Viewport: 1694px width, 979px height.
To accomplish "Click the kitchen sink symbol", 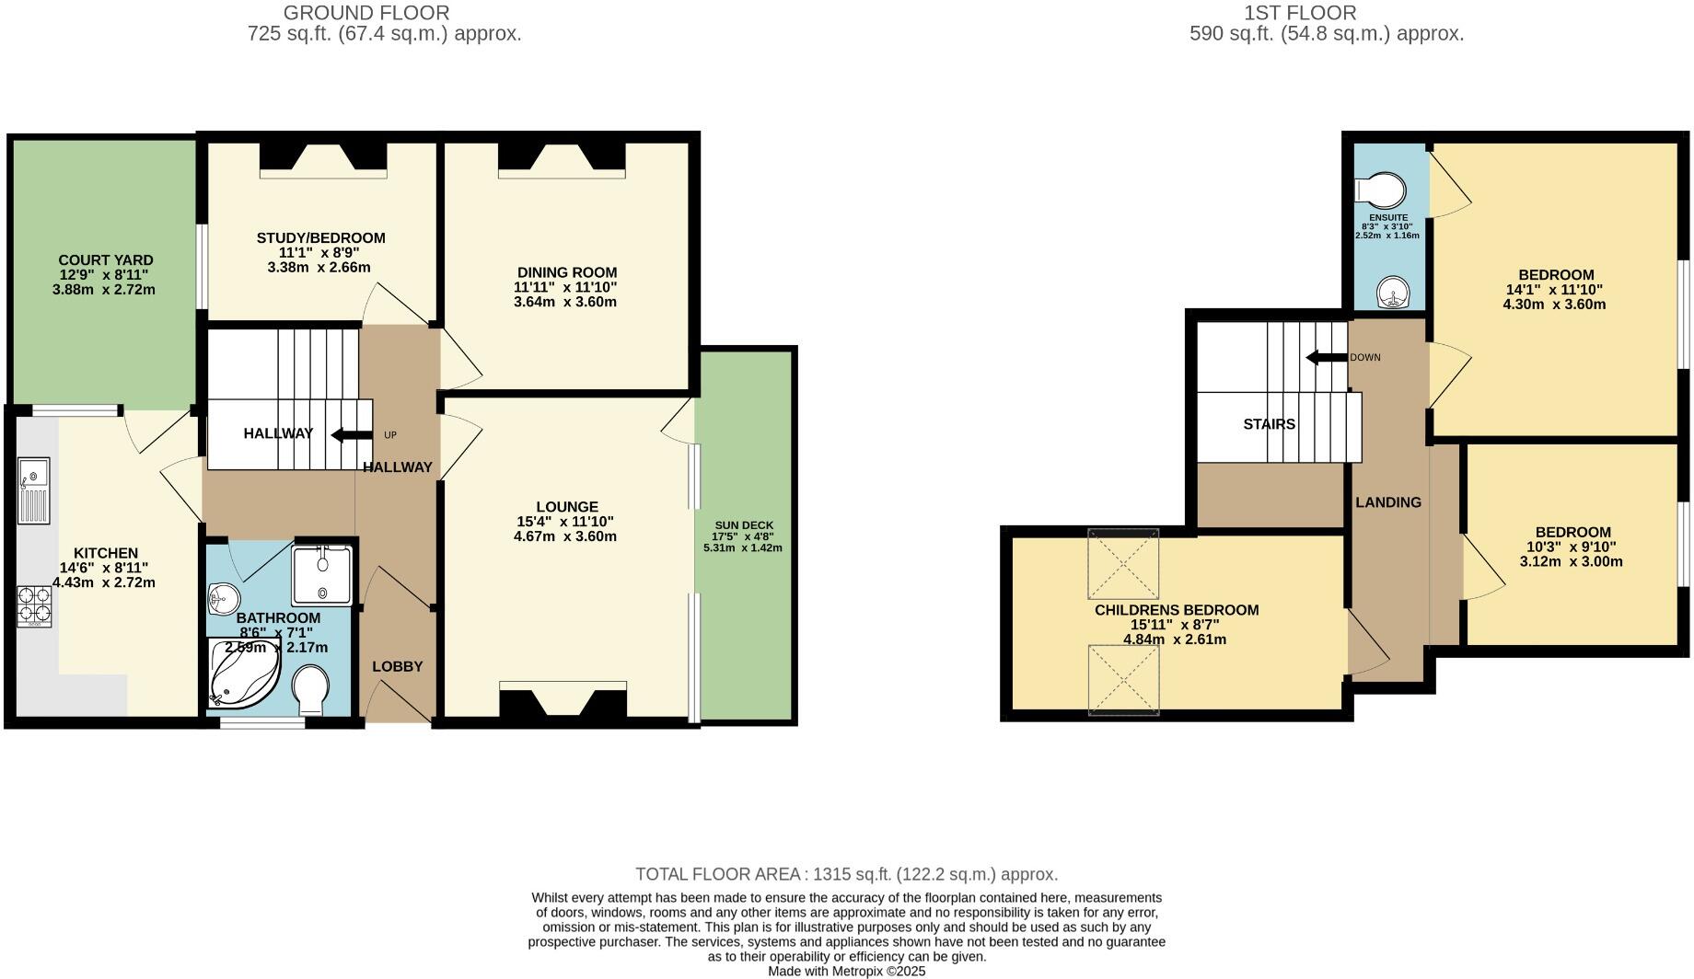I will click(34, 489).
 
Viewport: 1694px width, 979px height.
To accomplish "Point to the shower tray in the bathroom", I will click(321, 575).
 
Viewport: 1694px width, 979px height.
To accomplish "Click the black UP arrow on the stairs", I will click(352, 435).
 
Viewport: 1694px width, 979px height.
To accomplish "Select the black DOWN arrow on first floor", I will click(1326, 358).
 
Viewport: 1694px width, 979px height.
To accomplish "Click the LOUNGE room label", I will click(567, 507).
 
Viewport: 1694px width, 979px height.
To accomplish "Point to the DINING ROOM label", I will click(566, 272).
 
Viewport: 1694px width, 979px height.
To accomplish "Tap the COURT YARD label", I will click(105, 260).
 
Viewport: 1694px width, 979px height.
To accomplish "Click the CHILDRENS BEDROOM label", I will click(1176, 610).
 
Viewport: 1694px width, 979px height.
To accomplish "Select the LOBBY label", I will click(397, 666).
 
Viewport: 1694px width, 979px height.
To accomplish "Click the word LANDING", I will click(1387, 502).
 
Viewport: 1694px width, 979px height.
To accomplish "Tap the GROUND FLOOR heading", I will click(366, 13).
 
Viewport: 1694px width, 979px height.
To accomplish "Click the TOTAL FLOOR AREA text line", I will click(846, 874).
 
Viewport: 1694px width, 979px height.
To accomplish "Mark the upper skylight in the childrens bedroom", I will click(1122, 563).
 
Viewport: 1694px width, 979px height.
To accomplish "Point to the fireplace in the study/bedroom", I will click(323, 156).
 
